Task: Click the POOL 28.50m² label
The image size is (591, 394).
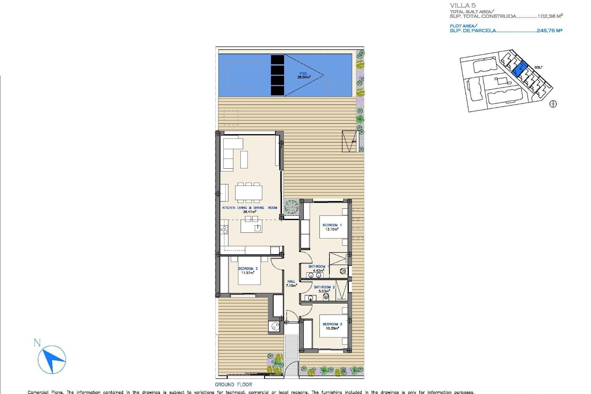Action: click(x=304, y=75)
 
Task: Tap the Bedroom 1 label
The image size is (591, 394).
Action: click(x=332, y=227)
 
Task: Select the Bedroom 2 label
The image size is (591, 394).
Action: click(x=332, y=326)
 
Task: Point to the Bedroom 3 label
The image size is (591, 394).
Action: click(x=248, y=271)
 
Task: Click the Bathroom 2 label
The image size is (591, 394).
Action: click(x=324, y=289)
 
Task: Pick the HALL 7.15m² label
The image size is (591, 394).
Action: click(x=291, y=283)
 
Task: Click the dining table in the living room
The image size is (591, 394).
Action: click(x=249, y=193)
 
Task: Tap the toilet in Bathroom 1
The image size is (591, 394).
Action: click(x=343, y=271)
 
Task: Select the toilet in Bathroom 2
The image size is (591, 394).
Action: click(x=326, y=297)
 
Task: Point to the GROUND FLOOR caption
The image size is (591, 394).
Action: click(x=233, y=384)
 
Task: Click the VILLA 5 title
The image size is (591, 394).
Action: click(x=463, y=5)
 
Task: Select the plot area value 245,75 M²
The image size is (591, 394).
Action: click(x=549, y=30)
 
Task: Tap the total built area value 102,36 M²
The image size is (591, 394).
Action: click(x=550, y=16)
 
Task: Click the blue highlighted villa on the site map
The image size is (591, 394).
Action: click(x=519, y=69)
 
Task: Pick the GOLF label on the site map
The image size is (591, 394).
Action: click(x=538, y=67)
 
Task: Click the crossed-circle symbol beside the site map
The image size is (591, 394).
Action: click(x=553, y=104)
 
